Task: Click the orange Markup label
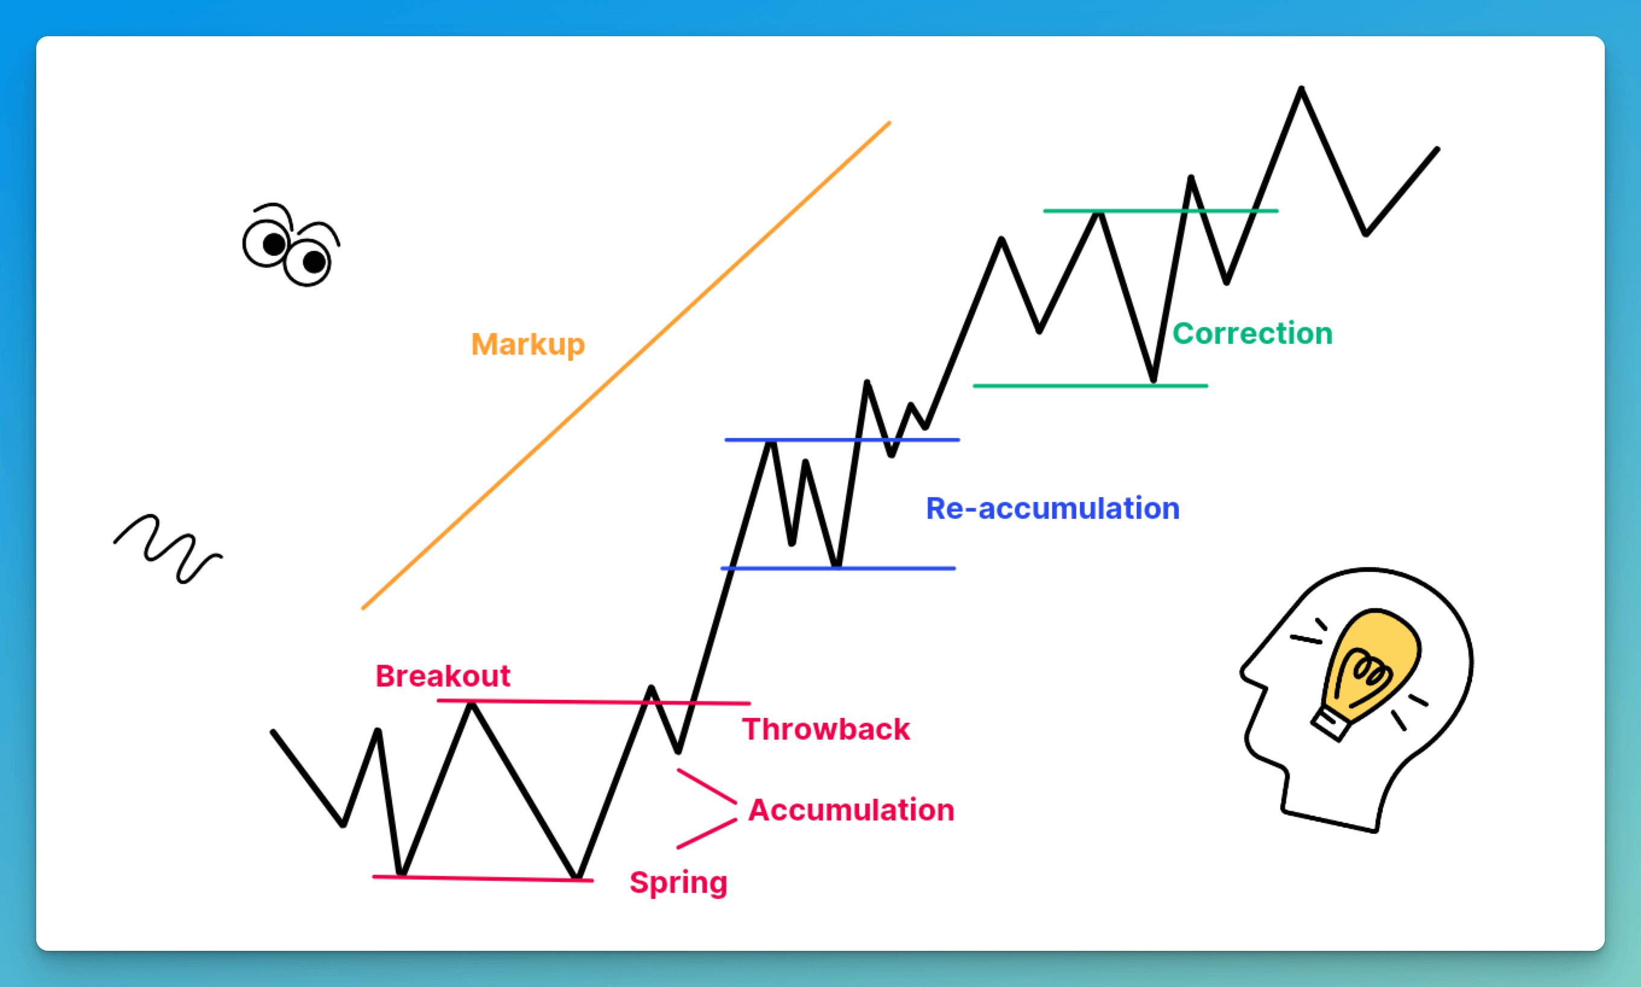(x=528, y=344)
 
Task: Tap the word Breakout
(x=443, y=676)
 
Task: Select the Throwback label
(x=826, y=729)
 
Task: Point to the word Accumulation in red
(x=851, y=810)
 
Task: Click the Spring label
(x=678, y=883)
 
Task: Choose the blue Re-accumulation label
(x=1053, y=508)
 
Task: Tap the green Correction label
(x=1252, y=333)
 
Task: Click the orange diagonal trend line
(x=626, y=365)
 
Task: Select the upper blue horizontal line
(x=842, y=440)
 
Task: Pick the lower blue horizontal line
(x=838, y=568)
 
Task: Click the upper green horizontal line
(x=1160, y=211)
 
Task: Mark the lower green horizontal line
(x=1090, y=386)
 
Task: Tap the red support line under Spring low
(x=483, y=878)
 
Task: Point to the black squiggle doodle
(x=168, y=547)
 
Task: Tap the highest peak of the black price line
(x=1301, y=89)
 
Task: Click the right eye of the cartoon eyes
(x=308, y=261)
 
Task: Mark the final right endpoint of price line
(x=1438, y=149)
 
